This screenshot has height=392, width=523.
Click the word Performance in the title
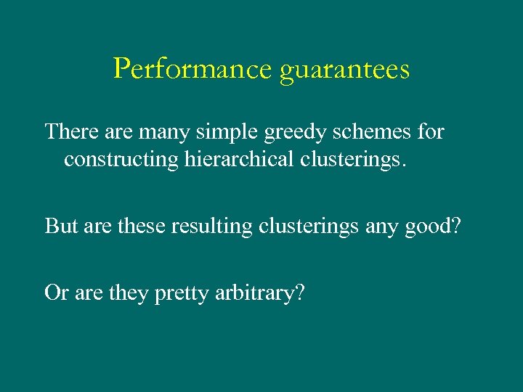[x=193, y=69]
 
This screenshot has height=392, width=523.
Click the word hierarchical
[x=232, y=159]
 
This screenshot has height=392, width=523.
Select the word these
[x=144, y=226]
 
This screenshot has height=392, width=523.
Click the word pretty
[x=182, y=294]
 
